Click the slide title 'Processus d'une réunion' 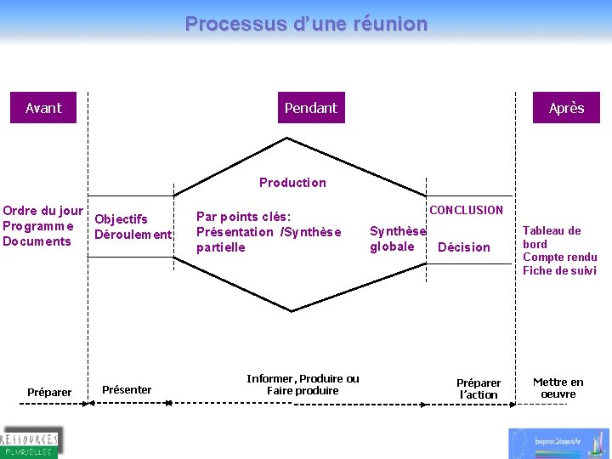[306, 24]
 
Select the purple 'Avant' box [43, 108]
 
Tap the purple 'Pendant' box [311, 108]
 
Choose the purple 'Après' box [566, 108]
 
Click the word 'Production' [292, 183]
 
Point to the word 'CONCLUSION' [466, 210]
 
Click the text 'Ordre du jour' [43, 211]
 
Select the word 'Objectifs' [121, 219]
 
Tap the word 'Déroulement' [133, 235]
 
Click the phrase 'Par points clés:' [244, 217]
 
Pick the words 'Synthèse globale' [397, 239]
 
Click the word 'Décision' [463, 247]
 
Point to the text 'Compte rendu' [559, 258]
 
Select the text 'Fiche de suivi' [559, 271]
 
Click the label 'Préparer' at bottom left [49, 393]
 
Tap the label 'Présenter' [127, 390]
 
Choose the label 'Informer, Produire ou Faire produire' [303, 385]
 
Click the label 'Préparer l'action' [479, 388]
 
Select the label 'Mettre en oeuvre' [558, 388]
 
